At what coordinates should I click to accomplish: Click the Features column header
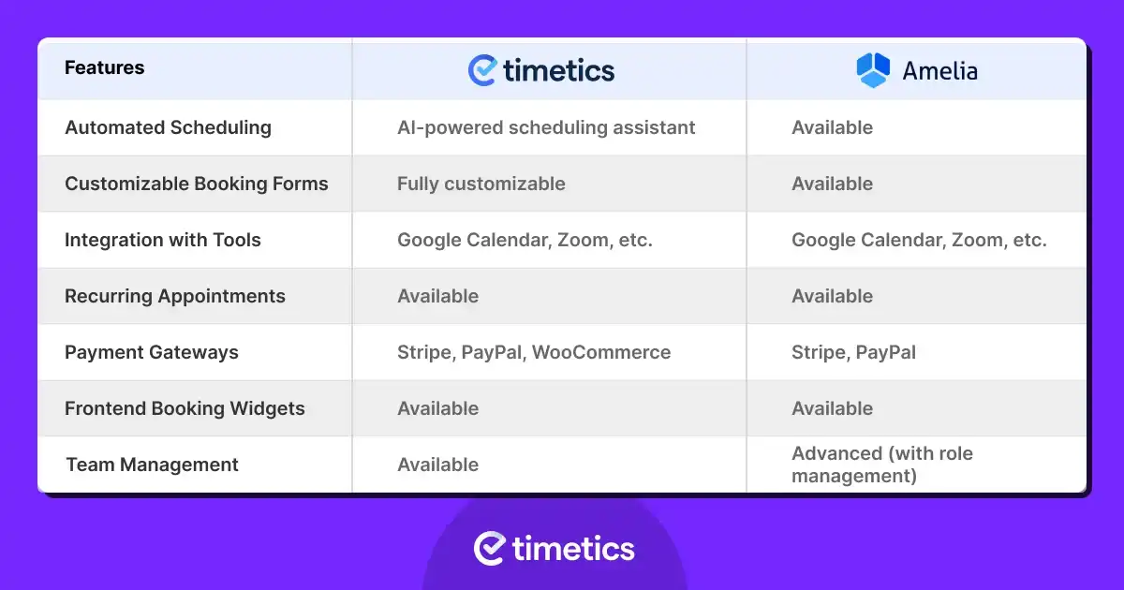click(104, 67)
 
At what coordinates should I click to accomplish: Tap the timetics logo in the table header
click(541, 70)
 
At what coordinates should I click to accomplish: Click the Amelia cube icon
click(873, 70)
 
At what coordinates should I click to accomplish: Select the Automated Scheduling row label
click(168, 128)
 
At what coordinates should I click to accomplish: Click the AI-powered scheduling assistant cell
click(546, 128)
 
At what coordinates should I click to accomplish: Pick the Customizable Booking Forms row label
click(196, 184)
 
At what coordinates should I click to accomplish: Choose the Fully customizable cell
click(481, 184)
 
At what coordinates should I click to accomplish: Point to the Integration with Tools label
click(163, 240)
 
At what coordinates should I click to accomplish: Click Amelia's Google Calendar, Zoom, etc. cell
click(919, 241)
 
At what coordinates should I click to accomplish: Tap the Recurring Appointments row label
click(174, 297)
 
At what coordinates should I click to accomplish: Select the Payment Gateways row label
click(152, 353)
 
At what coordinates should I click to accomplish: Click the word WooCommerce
click(601, 352)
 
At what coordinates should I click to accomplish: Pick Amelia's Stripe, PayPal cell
click(853, 353)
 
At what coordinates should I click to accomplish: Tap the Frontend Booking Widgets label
click(185, 409)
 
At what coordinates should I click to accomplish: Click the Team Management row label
click(152, 465)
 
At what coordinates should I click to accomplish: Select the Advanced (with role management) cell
click(882, 465)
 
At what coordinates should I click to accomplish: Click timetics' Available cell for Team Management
click(438, 465)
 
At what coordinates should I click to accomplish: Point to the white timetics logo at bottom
click(554, 549)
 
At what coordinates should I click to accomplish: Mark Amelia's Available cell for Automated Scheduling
click(833, 128)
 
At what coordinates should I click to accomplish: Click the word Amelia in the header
click(939, 71)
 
